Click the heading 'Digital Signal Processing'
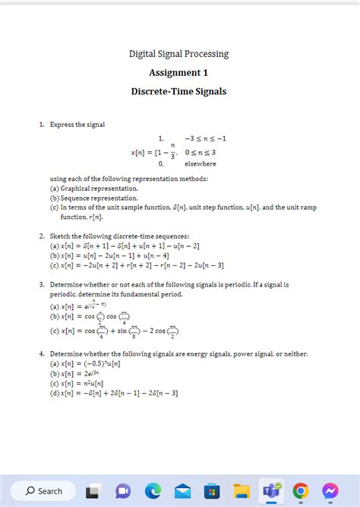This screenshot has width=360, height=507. pos(178,54)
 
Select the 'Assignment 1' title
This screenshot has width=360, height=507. pos(178,73)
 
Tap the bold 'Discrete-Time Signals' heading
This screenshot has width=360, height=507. pos(178,91)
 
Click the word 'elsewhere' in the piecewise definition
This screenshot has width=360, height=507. pos(201,163)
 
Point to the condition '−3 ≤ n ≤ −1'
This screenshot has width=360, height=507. pos(205,138)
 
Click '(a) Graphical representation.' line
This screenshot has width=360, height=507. pos(94,188)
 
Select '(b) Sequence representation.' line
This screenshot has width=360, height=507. pos(94,197)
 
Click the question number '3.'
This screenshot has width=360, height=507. pos(43,284)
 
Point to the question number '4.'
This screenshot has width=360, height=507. pos(43,354)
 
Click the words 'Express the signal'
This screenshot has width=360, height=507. pos(77,124)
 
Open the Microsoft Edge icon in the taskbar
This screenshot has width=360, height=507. pos(153,491)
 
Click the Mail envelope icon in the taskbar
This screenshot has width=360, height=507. pos(182,491)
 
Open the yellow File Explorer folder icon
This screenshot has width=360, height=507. pos(242,491)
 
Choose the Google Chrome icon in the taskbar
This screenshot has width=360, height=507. pos(301,491)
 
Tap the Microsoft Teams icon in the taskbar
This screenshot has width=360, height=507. pos(271,491)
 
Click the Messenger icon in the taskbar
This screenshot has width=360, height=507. pos(330,491)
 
